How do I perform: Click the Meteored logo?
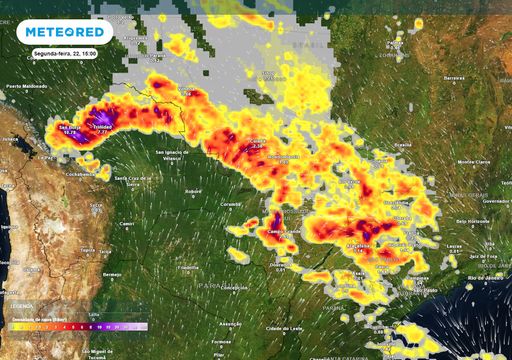click(68, 31)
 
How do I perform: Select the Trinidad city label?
click(102, 128)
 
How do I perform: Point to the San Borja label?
click(69, 128)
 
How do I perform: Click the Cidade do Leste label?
click(282, 328)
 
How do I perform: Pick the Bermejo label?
click(112, 273)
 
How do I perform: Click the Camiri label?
click(127, 225)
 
